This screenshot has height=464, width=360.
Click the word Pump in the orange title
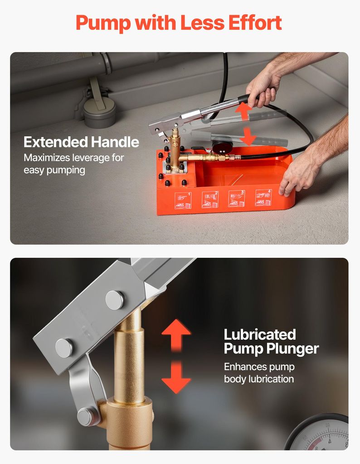tap(103, 23)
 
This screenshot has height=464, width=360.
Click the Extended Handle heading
tap(82, 142)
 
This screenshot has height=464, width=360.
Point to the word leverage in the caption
tap(89, 158)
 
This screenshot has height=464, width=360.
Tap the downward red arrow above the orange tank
tap(248, 135)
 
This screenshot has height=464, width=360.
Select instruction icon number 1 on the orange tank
tap(183, 201)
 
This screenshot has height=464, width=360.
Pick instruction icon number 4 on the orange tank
tap(263, 198)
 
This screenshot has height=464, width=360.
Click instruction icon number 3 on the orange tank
tap(237, 198)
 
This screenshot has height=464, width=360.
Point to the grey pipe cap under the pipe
tap(99, 112)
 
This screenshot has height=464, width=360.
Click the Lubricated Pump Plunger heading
tap(271, 342)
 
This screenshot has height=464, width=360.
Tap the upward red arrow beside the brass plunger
tap(176, 335)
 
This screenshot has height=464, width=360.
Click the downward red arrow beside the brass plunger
tap(176, 377)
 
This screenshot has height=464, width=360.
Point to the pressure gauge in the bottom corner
tap(320, 433)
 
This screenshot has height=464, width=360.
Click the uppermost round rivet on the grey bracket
tap(115, 300)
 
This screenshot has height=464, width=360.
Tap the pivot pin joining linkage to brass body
tap(86, 416)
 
